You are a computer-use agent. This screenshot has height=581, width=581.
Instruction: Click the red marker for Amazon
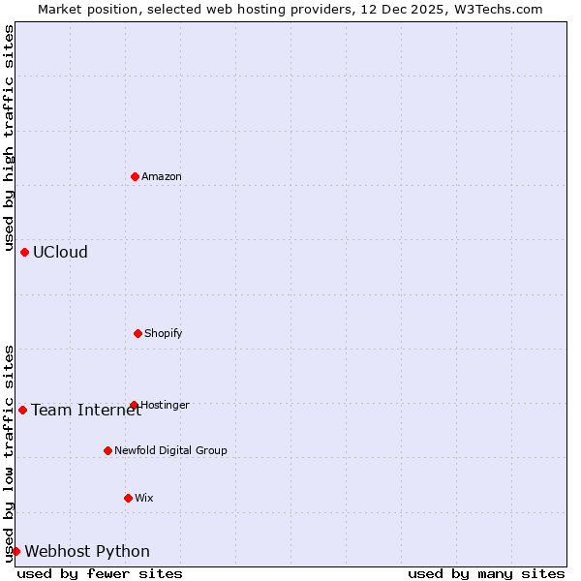click(x=136, y=176)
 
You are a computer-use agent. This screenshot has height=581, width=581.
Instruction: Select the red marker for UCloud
click(x=25, y=252)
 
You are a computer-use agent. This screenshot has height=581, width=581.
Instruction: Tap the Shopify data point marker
click(x=138, y=333)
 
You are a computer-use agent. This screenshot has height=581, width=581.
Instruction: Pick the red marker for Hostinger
click(x=134, y=405)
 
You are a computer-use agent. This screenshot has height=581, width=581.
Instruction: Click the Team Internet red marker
click(x=23, y=410)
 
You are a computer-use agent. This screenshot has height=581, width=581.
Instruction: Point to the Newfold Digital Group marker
click(x=107, y=450)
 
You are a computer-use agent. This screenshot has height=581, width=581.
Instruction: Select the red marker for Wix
click(x=128, y=498)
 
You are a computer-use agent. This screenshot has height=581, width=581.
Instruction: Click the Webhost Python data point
click(x=16, y=551)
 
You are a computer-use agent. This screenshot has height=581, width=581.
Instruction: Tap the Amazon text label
click(x=162, y=176)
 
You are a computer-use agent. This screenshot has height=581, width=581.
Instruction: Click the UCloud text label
click(x=60, y=252)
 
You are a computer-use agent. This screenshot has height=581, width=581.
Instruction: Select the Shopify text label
click(x=164, y=333)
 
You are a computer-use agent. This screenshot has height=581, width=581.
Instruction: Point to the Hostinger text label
click(x=166, y=405)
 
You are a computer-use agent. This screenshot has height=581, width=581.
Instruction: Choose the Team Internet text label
click(x=86, y=410)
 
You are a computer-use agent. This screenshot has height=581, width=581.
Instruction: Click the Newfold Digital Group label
click(x=170, y=450)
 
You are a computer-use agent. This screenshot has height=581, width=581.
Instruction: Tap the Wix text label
click(x=144, y=498)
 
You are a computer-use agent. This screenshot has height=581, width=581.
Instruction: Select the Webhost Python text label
click(x=87, y=551)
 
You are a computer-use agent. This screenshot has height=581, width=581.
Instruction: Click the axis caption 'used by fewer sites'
click(x=100, y=573)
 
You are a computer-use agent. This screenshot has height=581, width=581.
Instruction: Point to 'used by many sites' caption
click(x=486, y=573)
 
